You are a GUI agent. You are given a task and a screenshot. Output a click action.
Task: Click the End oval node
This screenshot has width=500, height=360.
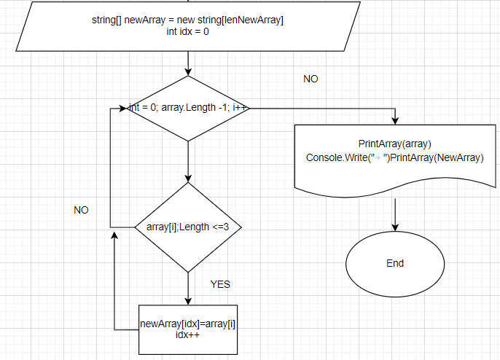395,263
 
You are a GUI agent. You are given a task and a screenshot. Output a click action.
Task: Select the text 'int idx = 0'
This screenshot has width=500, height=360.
188,31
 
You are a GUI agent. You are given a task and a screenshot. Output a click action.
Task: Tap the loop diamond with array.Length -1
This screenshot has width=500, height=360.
188,108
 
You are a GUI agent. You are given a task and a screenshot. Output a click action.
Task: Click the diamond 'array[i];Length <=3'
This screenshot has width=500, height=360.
188,227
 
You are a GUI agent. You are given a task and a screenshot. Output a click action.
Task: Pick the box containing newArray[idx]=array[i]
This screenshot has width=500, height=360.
188,329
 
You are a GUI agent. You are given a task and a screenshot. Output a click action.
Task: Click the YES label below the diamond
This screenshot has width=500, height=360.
220,284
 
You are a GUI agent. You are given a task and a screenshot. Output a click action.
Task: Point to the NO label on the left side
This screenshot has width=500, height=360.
81,210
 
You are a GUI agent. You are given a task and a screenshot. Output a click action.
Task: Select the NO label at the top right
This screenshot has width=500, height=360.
310,79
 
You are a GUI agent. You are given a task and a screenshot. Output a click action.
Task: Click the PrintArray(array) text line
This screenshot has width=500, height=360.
395,144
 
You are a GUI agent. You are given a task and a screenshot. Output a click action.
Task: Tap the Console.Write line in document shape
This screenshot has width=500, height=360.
395,157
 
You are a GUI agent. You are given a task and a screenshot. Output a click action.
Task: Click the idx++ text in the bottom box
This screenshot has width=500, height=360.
188,335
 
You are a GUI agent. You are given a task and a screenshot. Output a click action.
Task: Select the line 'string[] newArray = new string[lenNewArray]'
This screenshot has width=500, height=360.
188,20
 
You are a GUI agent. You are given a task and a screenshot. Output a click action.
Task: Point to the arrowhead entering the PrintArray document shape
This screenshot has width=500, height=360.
395,120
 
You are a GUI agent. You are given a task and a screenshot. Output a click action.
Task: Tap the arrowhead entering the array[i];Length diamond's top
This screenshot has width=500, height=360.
188,179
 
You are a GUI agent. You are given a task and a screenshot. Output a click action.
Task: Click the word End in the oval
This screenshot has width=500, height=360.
395,263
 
